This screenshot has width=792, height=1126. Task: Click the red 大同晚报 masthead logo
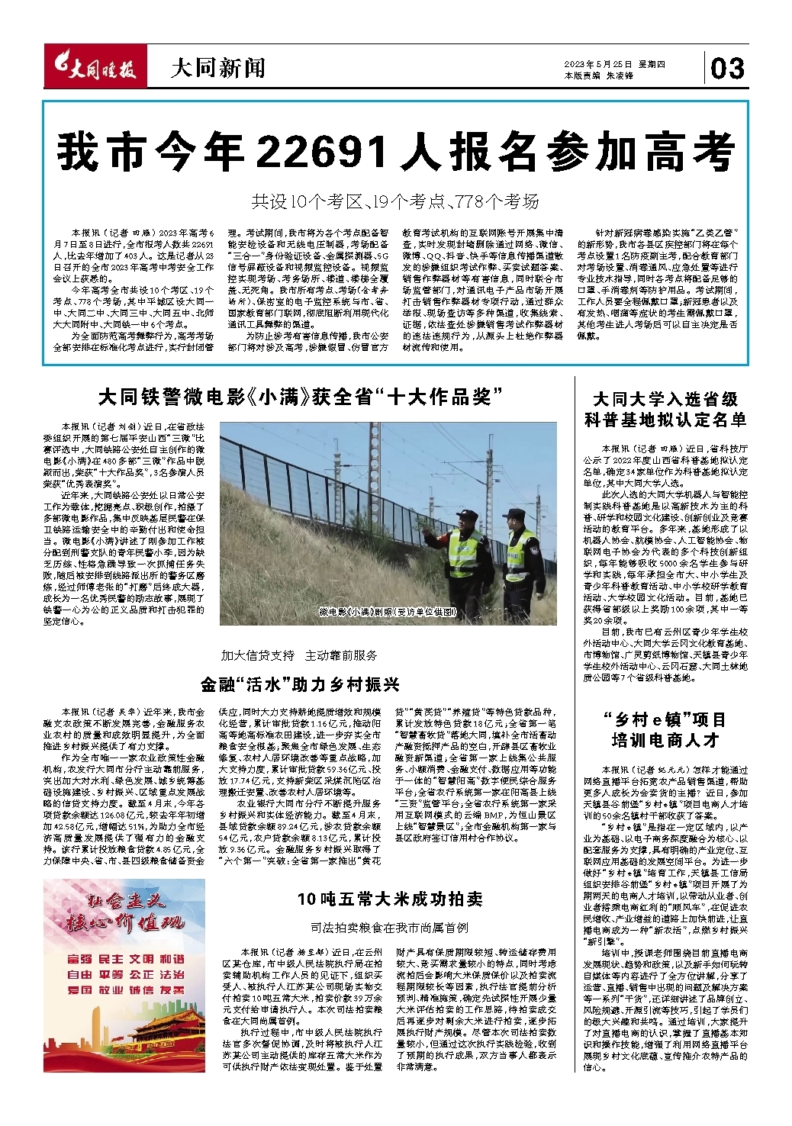click(95, 69)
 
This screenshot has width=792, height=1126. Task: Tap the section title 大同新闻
click(217, 69)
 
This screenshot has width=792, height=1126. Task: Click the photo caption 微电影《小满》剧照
click(388, 613)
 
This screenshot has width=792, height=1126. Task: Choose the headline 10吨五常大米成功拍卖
click(390, 899)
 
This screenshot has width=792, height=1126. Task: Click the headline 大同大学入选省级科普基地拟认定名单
click(665, 410)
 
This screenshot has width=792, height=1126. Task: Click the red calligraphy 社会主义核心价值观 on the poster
click(124, 913)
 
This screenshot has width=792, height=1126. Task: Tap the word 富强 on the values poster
click(79, 959)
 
